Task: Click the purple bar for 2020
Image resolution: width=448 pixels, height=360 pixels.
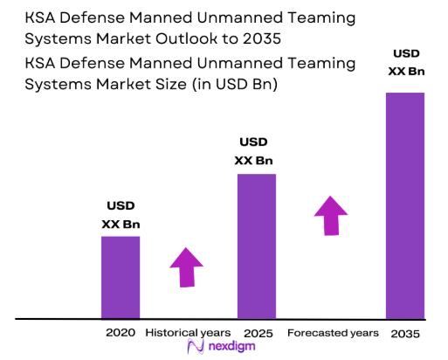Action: [120, 277]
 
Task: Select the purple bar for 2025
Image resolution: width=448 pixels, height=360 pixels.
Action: [256, 246]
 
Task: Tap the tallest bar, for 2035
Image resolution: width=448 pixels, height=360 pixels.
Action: [404, 205]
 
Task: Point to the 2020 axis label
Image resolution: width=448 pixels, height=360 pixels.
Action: [120, 333]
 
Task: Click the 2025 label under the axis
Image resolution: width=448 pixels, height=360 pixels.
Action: [254, 333]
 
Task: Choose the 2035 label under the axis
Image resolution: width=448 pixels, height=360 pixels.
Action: [404, 333]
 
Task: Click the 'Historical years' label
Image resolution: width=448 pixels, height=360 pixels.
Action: [188, 333]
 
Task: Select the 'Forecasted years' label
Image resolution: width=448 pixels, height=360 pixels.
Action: [333, 333]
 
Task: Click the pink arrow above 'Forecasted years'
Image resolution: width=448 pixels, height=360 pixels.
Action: [329, 215]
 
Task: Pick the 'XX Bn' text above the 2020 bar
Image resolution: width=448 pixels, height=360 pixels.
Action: [121, 225]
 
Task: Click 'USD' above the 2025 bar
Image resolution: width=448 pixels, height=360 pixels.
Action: [254, 142]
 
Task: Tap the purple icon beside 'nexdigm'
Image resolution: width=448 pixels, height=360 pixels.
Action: [196, 348]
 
